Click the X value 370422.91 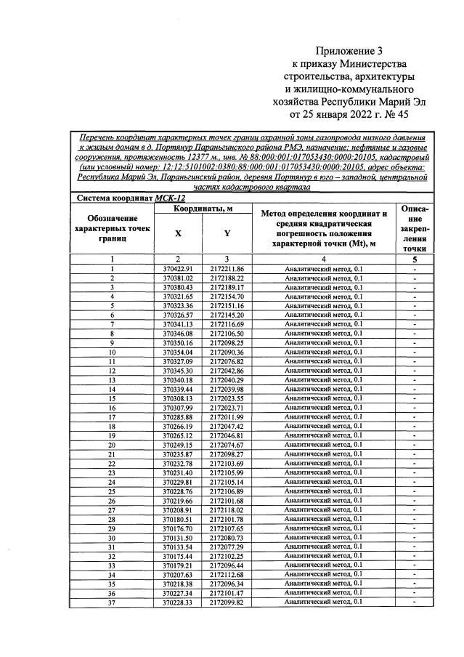(177, 269)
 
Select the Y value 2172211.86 (227, 269)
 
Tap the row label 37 (113, 602)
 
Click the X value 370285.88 (177, 417)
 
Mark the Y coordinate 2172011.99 (227, 417)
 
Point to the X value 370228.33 (177, 602)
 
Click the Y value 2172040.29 (227, 380)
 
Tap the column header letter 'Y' (227, 234)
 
